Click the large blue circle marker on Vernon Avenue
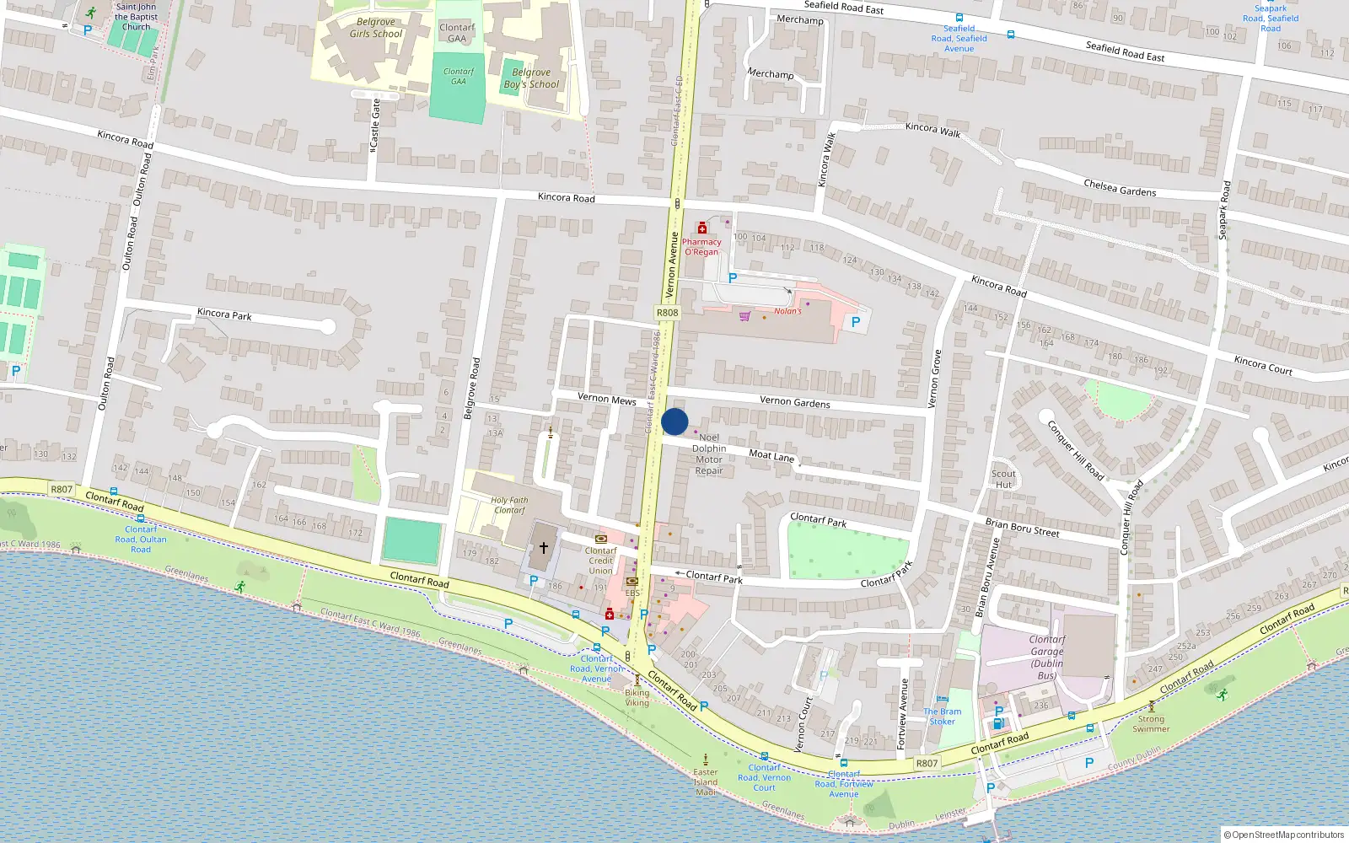[674, 421]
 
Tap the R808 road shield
[667, 313]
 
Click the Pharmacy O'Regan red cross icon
[702, 228]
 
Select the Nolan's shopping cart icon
[744, 316]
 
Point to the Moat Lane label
[771, 455]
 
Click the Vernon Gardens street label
[794, 402]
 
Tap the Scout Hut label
[1003, 479]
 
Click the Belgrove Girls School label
[376, 28]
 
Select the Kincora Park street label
[224, 314]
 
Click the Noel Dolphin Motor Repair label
[709, 454]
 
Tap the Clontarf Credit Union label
[601, 561]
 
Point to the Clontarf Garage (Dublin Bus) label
[1046, 658]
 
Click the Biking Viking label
[637, 698]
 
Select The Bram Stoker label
[942, 717]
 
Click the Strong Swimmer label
[1151, 724]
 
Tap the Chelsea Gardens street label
[1120, 188]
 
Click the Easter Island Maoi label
[706, 782]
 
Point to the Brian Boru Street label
[1022, 528]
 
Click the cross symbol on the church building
[544, 548]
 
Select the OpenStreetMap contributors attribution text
[1285, 835]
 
